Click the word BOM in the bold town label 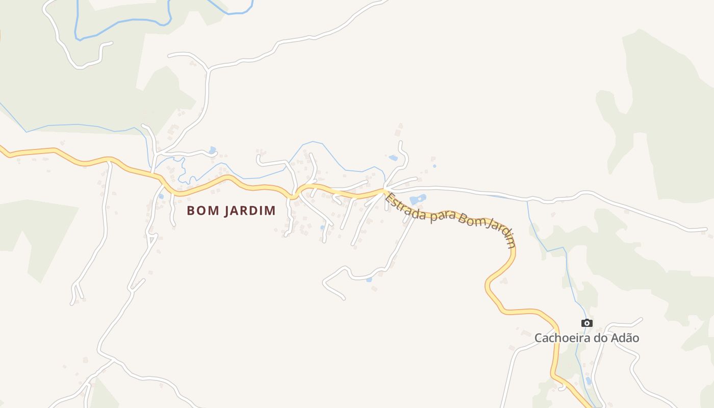pos(199,211)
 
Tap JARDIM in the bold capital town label pos(246,211)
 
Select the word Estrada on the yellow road pos(405,207)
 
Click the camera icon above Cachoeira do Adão pos(587,323)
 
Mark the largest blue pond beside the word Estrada pos(417,199)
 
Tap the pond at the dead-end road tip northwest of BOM pos(212,150)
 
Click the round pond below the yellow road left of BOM pos(161,196)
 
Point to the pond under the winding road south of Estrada pos(369,279)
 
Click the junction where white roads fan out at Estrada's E pos(385,191)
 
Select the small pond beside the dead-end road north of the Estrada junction pos(393,158)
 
